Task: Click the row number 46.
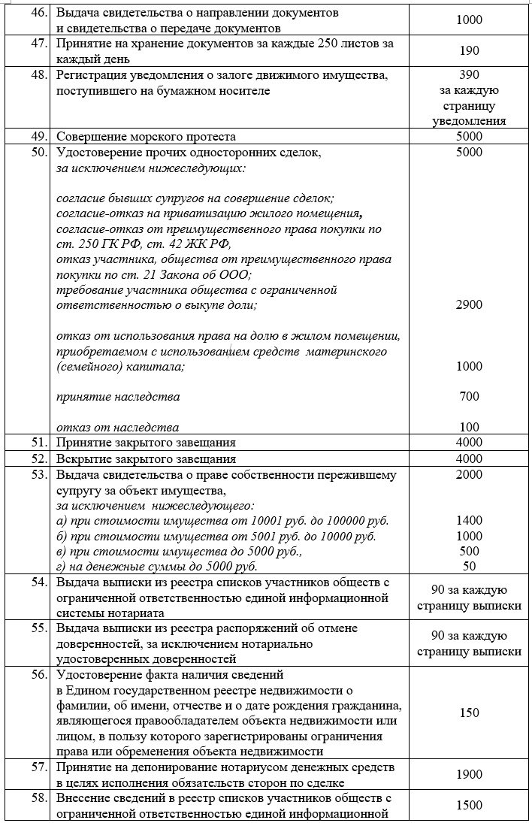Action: pos(38,14)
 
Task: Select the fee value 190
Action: pos(469,51)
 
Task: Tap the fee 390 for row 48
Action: pos(469,75)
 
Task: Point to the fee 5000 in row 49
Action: pos(469,137)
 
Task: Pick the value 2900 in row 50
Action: pos(469,304)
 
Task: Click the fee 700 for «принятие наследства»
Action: pos(469,396)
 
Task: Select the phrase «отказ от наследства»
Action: pos(118,428)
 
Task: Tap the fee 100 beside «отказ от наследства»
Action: pos(469,428)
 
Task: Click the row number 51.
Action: pos(38,443)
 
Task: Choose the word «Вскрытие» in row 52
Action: pos(82,458)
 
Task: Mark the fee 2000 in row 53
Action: pos(469,474)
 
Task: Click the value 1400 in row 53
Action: pos(469,520)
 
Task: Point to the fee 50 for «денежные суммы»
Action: pos(469,566)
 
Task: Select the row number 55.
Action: pos(38,628)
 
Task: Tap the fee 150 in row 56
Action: pos(469,713)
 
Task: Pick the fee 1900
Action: pos(469,773)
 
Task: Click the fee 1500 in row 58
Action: pos(469,805)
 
